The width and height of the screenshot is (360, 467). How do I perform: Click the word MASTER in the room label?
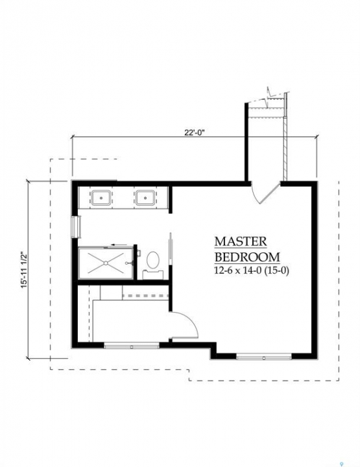(241, 241)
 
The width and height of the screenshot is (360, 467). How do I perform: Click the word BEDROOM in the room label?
(247, 257)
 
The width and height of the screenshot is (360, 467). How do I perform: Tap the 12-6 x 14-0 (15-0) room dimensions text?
(252, 270)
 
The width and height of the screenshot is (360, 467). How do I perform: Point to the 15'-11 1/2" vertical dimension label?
(25, 270)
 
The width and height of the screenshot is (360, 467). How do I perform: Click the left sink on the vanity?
(101, 198)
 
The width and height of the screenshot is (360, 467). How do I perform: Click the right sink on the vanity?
(145, 198)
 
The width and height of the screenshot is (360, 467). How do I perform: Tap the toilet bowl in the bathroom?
(153, 259)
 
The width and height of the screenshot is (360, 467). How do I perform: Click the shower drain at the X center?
(106, 263)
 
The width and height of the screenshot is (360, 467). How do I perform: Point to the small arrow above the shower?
(119, 245)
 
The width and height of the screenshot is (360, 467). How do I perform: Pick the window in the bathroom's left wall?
(77, 227)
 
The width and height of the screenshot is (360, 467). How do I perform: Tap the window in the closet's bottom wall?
(132, 346)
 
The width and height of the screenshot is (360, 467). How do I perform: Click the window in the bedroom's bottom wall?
(264, 357)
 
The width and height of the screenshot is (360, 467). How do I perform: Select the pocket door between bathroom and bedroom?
(171, 248)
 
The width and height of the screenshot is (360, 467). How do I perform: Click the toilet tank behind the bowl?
(152, 274)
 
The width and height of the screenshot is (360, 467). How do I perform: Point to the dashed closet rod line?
(145, 296)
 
